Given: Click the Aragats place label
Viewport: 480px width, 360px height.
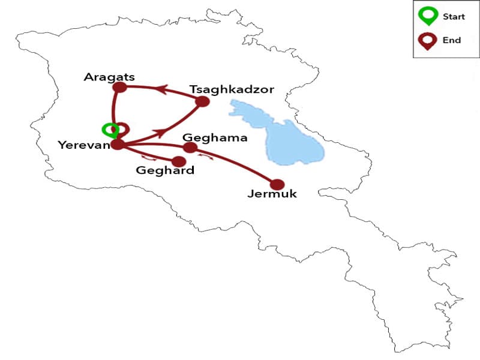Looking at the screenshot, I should tap(109, 77).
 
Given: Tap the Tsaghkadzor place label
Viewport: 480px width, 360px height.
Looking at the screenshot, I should tap(232, 89).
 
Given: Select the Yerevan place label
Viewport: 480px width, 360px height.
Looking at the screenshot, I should tap(83, 145).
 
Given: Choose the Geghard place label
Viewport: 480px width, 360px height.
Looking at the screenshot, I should tap(165, 170).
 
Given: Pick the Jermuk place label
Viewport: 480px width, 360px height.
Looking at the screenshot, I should tap(272, 194).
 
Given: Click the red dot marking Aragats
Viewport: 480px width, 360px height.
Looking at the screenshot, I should tap(120, 88).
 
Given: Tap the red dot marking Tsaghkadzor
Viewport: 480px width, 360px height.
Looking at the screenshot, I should tap(202, 101).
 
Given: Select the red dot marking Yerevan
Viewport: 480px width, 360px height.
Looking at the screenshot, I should tap(118, 144).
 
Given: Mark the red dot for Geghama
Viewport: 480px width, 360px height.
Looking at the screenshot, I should tap(190, 148).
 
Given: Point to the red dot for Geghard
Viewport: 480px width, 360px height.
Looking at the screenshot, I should tap(178, 161).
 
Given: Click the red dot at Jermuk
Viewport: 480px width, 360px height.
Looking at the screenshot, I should tap(277, 185).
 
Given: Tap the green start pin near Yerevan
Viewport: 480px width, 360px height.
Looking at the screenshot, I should tap(109, 130).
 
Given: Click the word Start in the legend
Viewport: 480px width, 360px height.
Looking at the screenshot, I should tap(454, 17).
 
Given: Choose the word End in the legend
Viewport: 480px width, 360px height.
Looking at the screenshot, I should tap(451, 40).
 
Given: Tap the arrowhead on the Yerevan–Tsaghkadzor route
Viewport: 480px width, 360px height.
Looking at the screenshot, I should tap(160, 131).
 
